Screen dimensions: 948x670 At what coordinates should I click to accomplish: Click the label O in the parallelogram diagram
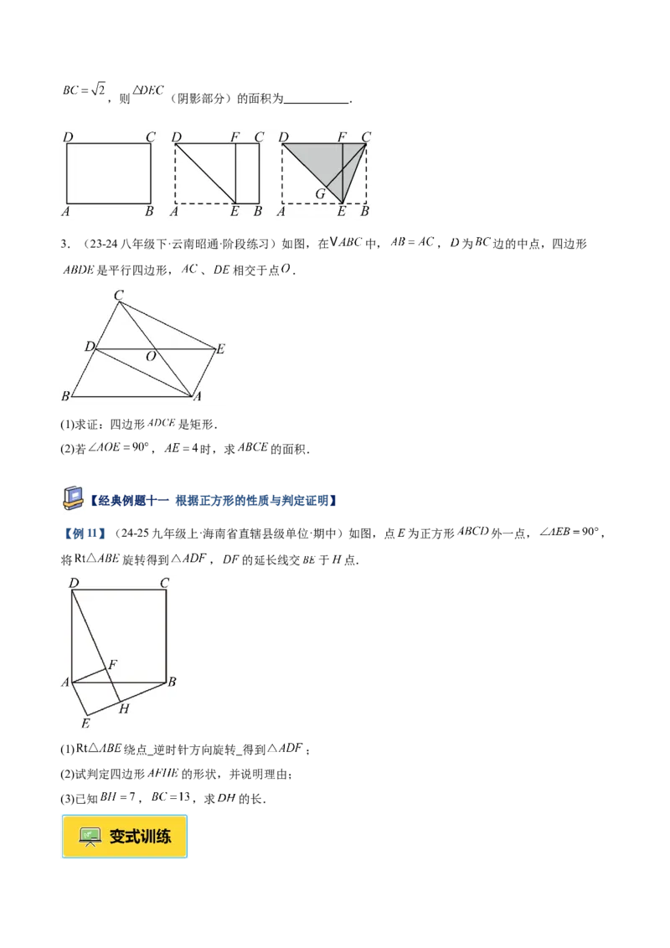click(x=151, y=357)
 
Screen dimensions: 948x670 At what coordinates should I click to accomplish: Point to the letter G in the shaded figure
click(x=319, y=194)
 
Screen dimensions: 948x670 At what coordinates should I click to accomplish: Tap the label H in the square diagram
click(x=124, y=708)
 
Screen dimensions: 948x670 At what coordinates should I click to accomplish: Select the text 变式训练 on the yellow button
click(x=140, y=836)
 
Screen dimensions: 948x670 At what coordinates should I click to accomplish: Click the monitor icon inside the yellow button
click(x=90, y=836)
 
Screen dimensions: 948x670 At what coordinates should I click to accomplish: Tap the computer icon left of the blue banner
click(x=72, y=497)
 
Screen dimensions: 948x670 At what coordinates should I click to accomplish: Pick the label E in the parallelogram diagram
click(x=220, y=350)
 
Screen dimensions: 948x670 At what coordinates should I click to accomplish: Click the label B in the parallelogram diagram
click(x=65, y=395)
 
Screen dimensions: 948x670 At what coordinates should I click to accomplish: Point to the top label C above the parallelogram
click(x=119, y=295)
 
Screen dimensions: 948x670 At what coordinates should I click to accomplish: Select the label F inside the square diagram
click(x=112, y=665)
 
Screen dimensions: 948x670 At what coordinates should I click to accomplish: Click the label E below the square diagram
click(x=85, y=723)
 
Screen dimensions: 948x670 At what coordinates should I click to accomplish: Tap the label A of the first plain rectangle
click(x=65, y=212)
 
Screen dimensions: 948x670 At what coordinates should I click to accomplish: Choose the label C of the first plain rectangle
click(x=151, y=137)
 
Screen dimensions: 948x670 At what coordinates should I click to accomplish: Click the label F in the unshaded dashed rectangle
click(x=235, y=137)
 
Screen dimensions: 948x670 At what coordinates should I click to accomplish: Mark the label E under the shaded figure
click(x=342, y=212)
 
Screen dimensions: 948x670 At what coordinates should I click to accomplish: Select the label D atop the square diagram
click(x=74, y=583)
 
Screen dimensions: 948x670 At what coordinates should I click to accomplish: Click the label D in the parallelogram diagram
click(x=89, y=347)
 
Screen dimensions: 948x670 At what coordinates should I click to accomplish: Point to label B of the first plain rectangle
click(x=149, y=212)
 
